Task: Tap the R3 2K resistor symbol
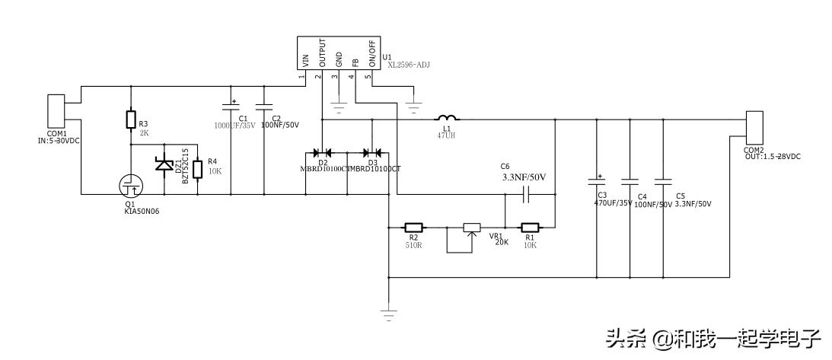click(131, 119)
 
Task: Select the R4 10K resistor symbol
click(198, 168)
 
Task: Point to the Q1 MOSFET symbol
click(130, 185)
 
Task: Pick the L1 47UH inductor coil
click(447, 118)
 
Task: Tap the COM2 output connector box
click(754, 128)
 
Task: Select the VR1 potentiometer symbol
click(472, 228)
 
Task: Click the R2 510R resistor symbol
click(413, 227)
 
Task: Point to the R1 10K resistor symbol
click(530, 227)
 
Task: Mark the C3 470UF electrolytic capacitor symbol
click(596, 183)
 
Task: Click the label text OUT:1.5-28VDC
click(772, 157)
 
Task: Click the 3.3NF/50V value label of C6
click(524, 177)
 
